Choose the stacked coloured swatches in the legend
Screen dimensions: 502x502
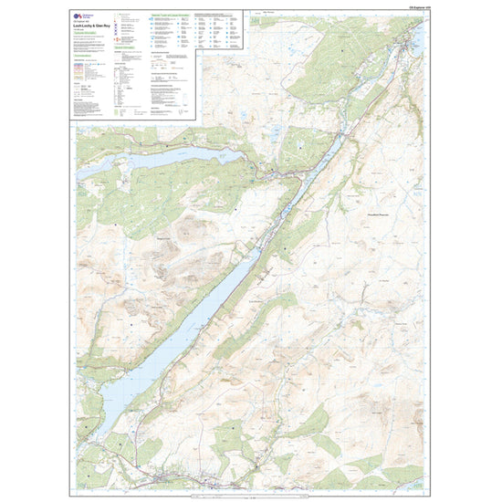83,73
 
